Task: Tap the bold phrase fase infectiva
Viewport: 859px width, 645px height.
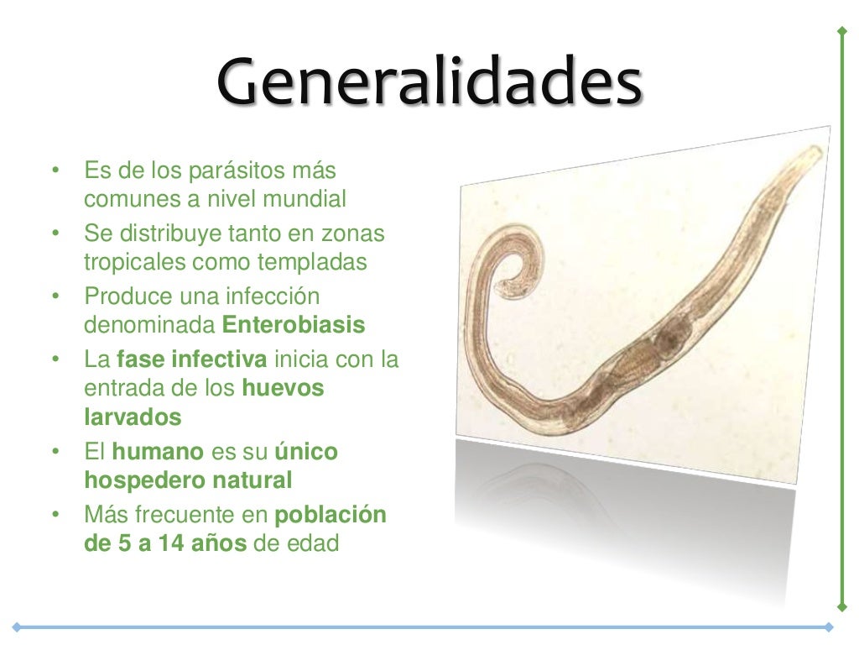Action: coord(192,360)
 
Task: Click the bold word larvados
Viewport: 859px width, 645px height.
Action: coord(133,417)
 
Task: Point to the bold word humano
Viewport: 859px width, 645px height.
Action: coord(158,452)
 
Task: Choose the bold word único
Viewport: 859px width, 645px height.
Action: coord(306,452)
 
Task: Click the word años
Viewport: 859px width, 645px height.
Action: coord(214,543)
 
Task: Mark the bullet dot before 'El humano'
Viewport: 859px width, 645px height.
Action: coord(55,452)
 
